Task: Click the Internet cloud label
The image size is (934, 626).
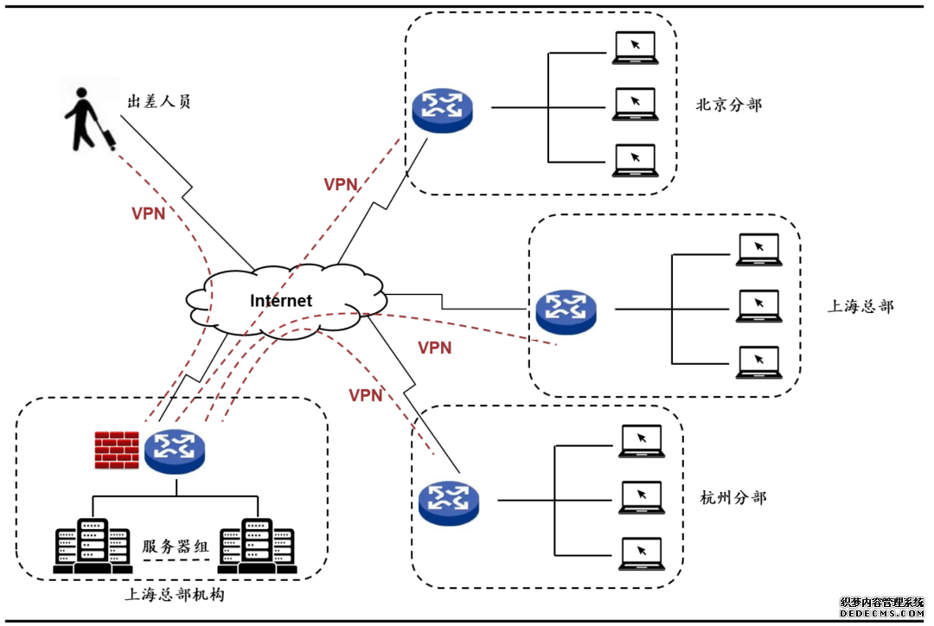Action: tap(281, 301)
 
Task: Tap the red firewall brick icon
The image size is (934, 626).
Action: tap(117, 449)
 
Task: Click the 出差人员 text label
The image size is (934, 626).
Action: tap(159, 102)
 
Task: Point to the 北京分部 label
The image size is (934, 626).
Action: tap(729, 105)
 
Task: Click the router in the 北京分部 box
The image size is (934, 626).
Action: tap(442, 108)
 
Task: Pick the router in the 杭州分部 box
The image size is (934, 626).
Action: tap(448, 501)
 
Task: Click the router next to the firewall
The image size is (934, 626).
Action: tap(175, 450)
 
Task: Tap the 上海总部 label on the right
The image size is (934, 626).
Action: tap(860, 306)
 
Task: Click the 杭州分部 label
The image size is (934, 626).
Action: tap(732, 498)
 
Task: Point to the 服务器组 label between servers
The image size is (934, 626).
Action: tap(176, 546)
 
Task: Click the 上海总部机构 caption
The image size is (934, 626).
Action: tap(175, 595)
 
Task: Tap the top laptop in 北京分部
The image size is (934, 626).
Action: tap(634, 48)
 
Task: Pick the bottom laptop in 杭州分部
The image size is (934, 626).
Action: tap(641, 554)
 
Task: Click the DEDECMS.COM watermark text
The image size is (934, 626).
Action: tap(881, 613)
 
